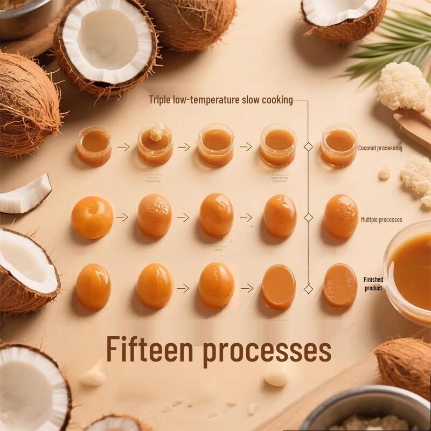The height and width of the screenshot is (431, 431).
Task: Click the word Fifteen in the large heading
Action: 149,349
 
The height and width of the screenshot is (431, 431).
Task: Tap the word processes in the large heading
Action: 267,351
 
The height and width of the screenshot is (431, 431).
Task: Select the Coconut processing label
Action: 380,148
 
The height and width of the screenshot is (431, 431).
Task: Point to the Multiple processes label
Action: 381,220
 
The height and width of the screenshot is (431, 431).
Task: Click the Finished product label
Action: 373,284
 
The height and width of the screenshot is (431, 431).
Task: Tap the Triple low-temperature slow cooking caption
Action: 221,100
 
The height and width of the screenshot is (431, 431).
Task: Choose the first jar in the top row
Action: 94,145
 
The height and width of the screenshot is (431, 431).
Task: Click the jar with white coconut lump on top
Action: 155,144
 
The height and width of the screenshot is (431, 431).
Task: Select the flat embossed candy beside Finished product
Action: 340,286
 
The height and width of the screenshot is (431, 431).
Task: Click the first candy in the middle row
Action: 92,217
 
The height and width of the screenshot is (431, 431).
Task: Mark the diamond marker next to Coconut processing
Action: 308,147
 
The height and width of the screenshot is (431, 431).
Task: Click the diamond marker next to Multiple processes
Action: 308,218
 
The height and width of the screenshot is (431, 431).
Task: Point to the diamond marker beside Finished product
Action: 308,289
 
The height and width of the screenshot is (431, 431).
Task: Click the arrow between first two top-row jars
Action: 124,147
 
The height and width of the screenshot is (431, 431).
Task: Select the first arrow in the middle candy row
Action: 122,218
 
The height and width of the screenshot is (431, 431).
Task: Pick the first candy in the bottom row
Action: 93,286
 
